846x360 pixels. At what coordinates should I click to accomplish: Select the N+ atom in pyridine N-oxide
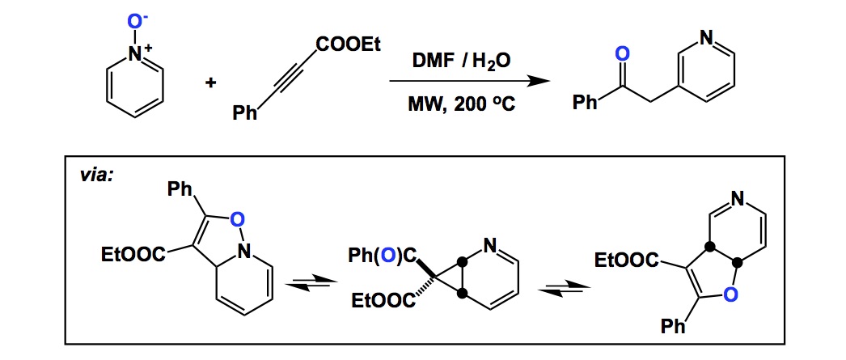[x=137, y=53]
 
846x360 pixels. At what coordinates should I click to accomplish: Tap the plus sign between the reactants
[x=211, y=82]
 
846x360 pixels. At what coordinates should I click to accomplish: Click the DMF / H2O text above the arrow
[x=459, y=61]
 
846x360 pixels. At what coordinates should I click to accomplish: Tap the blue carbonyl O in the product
[x=621, y=54]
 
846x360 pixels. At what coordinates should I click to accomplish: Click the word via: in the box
[x=95, y=174]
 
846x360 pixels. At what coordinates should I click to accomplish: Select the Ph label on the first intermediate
[x=180, y=192]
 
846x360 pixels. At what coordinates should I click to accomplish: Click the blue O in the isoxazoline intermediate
[x=237, y=218]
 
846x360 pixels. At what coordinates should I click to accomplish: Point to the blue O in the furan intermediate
[x=730, y=297]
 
